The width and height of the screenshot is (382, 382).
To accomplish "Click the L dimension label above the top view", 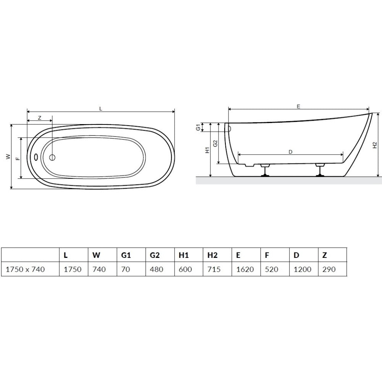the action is click(100, 109).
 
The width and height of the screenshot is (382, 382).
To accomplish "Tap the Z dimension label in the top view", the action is click(40, 118).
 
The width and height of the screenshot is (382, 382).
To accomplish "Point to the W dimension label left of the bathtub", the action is click(8, 157).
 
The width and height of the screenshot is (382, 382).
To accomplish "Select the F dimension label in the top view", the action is click(18, 159).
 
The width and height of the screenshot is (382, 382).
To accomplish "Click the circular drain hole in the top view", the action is click(52, 158).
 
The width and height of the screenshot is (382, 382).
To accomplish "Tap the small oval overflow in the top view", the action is click(36, 157).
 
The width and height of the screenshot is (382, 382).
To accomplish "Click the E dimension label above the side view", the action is click(298, 107).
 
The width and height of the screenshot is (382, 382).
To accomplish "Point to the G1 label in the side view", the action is click(198, 127).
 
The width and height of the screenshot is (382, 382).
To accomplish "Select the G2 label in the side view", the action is click(215, 144).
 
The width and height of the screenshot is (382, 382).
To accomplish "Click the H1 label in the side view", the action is click(207, 150).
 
